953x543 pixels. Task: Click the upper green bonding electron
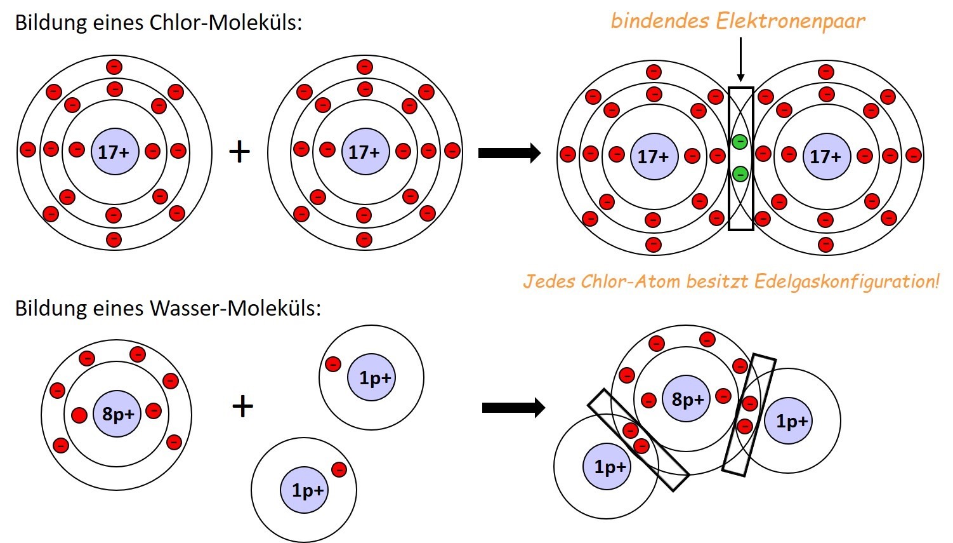[740, 142]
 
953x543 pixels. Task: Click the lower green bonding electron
[740, 173]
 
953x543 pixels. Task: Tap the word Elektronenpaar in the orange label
[790, 21]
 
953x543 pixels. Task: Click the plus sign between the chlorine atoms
[239, 152]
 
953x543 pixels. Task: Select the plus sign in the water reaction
[243, 406]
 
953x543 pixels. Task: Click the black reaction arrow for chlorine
[509, 153]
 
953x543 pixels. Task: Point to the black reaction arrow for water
[513, 407]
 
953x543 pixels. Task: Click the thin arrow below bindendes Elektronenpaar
[740, 60]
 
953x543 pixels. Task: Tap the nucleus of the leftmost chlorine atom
[114, 152]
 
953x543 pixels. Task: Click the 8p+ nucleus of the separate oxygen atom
[117, 414]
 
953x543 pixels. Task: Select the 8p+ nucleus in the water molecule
[687, 399]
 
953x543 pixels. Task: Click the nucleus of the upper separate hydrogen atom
[374, 378]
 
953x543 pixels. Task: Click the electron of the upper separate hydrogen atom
[333, 364]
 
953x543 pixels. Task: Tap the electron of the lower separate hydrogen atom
[339, 469]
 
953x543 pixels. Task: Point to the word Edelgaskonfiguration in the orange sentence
[846, 281]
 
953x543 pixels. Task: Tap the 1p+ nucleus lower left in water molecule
[608, 467]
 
